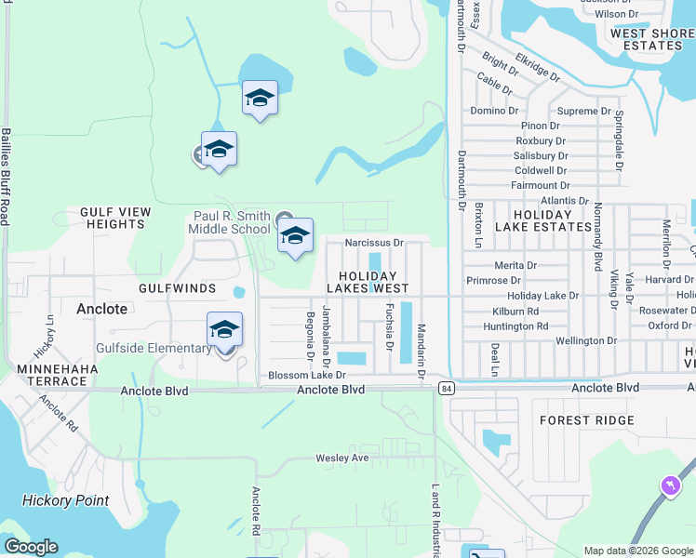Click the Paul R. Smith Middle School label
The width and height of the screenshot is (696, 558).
(229, 222)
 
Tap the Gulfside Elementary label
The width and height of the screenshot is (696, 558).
(154, 349)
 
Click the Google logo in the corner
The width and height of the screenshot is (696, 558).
(31, 547)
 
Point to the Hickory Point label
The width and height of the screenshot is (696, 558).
(66, 500)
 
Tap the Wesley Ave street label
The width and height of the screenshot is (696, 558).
(342, 458)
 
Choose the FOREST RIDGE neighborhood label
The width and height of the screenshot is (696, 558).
(587, 420)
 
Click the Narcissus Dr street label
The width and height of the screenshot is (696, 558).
(373, 243)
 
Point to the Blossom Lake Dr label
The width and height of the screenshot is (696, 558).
(307, 375)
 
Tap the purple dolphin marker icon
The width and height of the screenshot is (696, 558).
(668, 486)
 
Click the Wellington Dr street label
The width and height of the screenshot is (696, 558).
(586, 341)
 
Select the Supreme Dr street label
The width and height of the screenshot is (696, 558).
(584, 112)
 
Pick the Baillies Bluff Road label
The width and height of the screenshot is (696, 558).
(6, 177)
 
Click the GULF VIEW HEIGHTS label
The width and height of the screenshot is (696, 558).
(115, 219)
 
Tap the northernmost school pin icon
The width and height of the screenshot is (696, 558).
(260, 99)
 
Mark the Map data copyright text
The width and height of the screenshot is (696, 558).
(637, 551)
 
